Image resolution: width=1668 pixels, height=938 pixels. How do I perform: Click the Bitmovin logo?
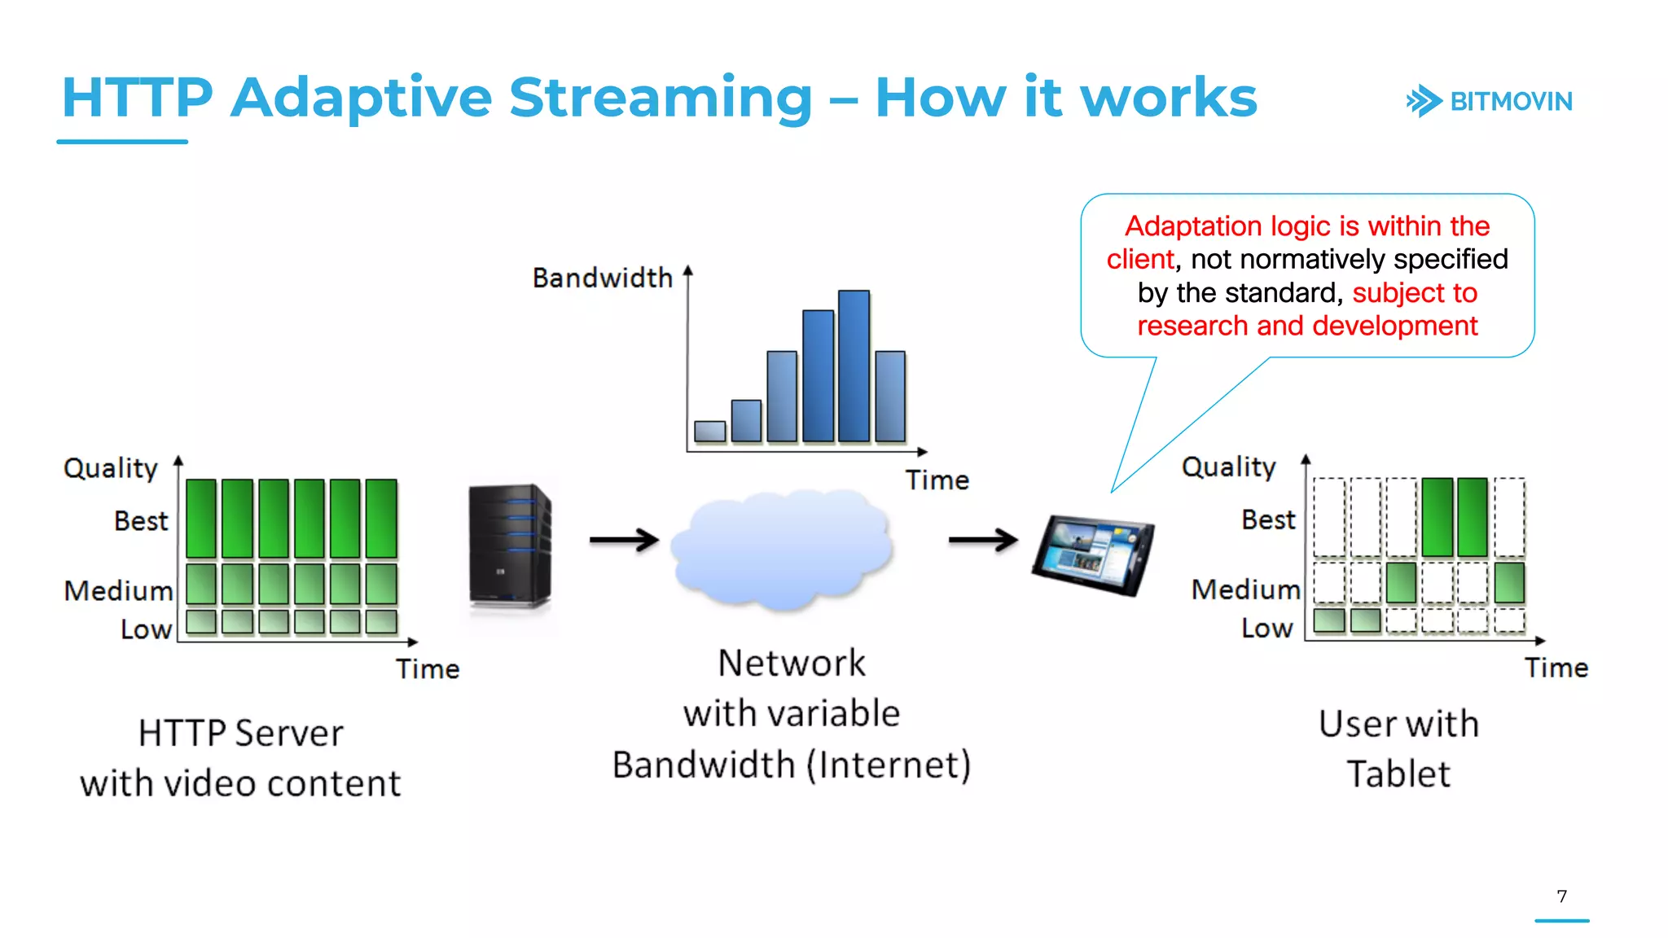point(1489,102)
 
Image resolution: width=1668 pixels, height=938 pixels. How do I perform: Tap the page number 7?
point(1561,896)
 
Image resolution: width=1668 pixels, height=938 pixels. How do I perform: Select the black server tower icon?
point(510,546)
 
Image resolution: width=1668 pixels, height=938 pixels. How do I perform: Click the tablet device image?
point(1094,554)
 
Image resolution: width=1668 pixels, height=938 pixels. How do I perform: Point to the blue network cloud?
point(782,550)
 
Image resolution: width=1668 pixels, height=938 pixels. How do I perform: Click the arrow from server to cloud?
point(624,540)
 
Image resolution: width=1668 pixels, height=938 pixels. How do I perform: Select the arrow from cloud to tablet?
point(983,539)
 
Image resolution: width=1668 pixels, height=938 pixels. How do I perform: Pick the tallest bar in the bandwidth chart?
point(854,366)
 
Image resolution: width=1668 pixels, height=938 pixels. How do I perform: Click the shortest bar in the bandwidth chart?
point(709,432)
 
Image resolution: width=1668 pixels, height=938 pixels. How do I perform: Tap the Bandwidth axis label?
point(602,278)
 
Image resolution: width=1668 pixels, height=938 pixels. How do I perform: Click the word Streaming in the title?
point(661,98)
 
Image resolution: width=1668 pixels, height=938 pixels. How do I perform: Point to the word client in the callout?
point(1139,260)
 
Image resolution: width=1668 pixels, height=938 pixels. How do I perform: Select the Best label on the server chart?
point(141,521)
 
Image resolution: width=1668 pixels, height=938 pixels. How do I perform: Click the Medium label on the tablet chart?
point(1245,590)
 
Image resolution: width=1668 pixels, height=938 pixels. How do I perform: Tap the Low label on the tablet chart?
point(1266,629)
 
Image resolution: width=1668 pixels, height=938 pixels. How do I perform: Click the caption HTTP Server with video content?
point(240,758)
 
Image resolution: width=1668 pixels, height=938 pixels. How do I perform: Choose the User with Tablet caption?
point(1398,749)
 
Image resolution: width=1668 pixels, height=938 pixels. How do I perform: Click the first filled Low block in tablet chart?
point(1329,620)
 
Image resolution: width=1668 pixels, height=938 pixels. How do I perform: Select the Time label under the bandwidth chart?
point(937,480)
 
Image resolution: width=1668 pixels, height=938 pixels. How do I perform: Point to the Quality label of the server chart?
point(111,468)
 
